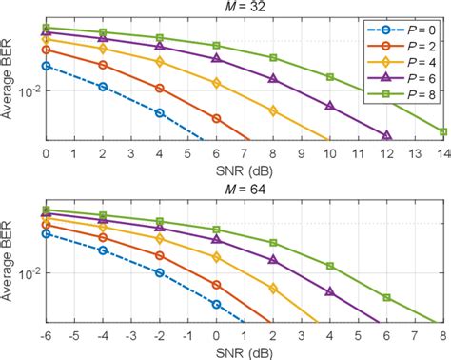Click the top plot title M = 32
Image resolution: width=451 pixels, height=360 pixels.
click(245, 8)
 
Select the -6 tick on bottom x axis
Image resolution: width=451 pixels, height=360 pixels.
click(46, 333)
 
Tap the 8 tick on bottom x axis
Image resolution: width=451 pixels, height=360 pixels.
click(443, 333)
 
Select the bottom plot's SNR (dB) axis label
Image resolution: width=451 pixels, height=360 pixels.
click(245, 350)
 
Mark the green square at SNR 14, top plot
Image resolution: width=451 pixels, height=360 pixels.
click(443, 131)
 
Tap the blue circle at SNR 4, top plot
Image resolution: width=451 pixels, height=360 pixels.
click(160, 112)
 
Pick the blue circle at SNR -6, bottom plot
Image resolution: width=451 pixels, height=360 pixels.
click(46, 232)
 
